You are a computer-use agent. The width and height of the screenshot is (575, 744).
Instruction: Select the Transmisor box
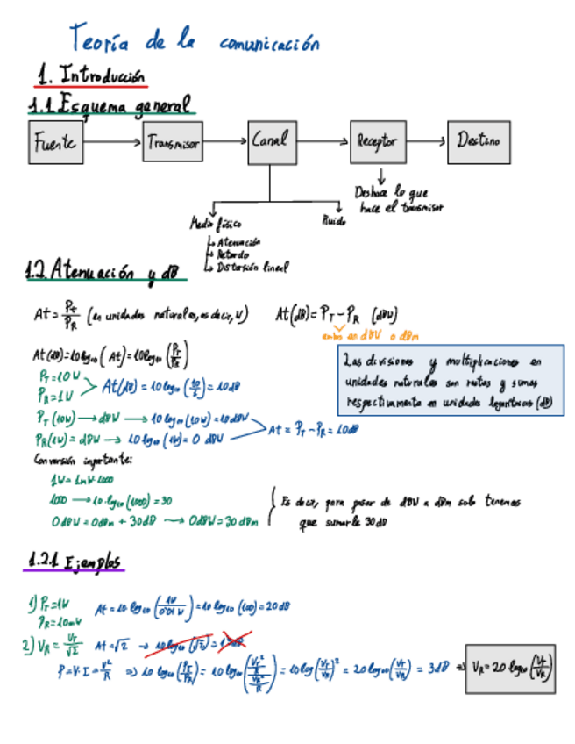coord(173,142)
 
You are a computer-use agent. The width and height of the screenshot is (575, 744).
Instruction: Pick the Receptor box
coord(378,141)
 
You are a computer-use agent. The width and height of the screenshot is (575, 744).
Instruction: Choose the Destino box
coord(479,140)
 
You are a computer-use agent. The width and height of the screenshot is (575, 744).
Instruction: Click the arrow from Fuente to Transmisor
coord(113,140)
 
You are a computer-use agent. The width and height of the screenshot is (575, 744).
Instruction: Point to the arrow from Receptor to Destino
coord(428,140)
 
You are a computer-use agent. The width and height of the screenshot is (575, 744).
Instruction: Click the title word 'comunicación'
coord(269,43)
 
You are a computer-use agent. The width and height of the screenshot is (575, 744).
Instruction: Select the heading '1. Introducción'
coord(91,76)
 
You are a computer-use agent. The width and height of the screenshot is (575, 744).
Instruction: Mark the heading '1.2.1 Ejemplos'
coord(74,560)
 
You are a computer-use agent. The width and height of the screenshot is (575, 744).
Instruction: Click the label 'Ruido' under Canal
coord(334,221)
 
